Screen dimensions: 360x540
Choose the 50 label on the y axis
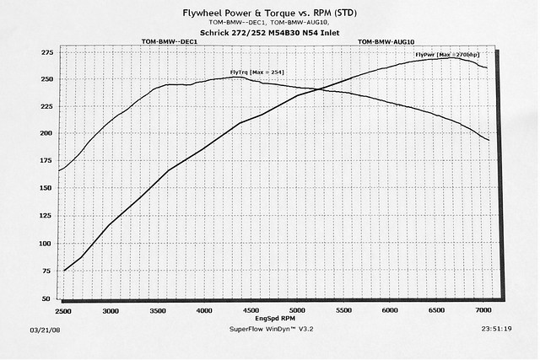pos(48,298)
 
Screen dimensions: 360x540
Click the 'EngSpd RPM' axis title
pos(273,320)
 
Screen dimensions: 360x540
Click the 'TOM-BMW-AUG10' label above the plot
pos(387,40)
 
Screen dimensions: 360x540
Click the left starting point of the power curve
pos(64,271)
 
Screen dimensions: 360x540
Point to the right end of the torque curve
pos(489,140)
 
